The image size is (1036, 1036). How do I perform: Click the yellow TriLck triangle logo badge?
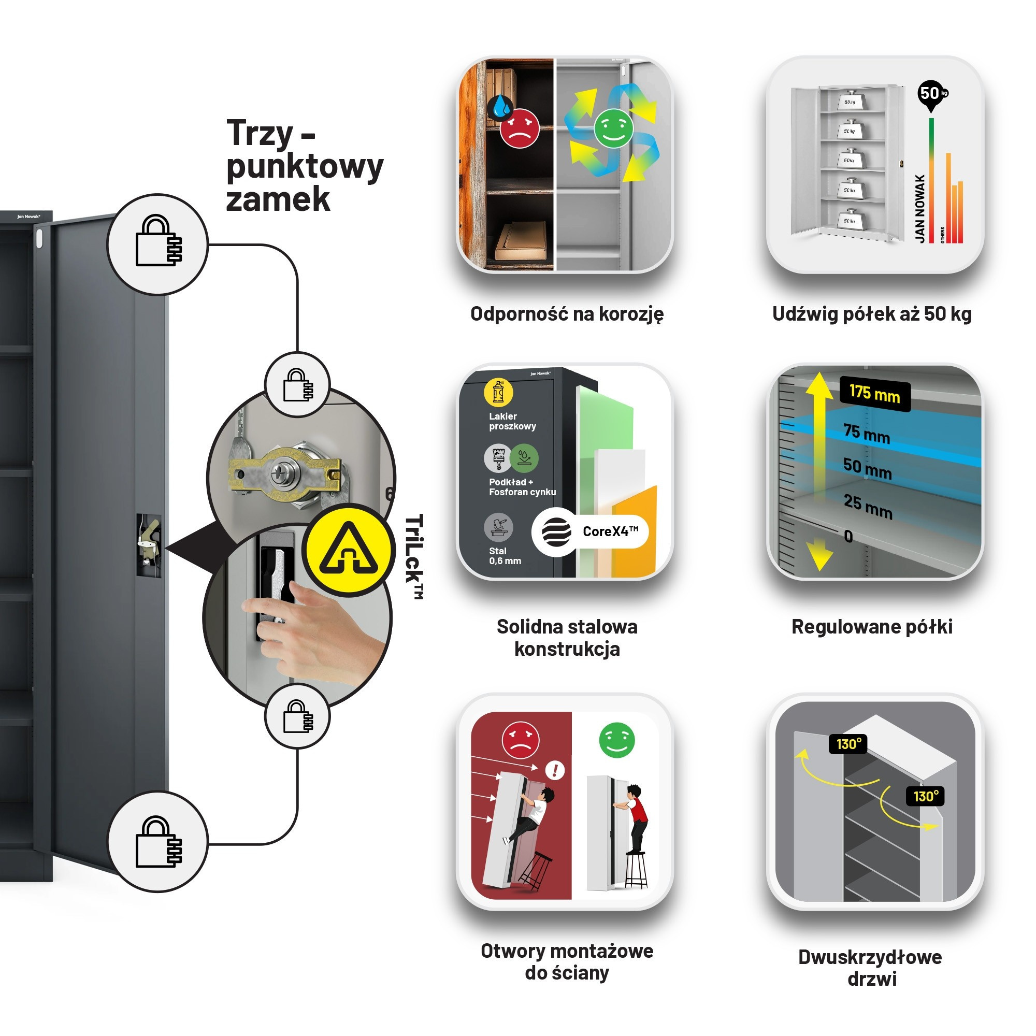[349, 550]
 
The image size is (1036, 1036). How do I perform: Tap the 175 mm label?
[874, 395]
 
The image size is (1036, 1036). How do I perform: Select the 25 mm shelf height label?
[868, 506]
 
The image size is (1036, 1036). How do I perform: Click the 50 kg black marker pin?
[931, 94]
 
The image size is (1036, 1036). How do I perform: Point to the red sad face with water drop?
[519, 127]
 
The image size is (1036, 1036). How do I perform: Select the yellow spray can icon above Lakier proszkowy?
[498, 393]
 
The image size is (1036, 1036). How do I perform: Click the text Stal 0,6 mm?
[505, 556]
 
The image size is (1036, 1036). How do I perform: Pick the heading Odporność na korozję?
[567, 314]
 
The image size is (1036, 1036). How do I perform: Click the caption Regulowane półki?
[872, 626]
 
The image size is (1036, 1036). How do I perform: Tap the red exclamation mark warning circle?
[554, 771]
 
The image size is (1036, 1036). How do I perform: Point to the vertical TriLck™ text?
[414, 556]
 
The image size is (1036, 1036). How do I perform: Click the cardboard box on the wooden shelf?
[520, 241]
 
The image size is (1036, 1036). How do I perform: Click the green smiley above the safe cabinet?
[616, 740]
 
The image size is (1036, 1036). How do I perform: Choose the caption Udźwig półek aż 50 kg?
[872, 314]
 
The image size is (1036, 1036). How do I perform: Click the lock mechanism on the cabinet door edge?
[149, 545]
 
